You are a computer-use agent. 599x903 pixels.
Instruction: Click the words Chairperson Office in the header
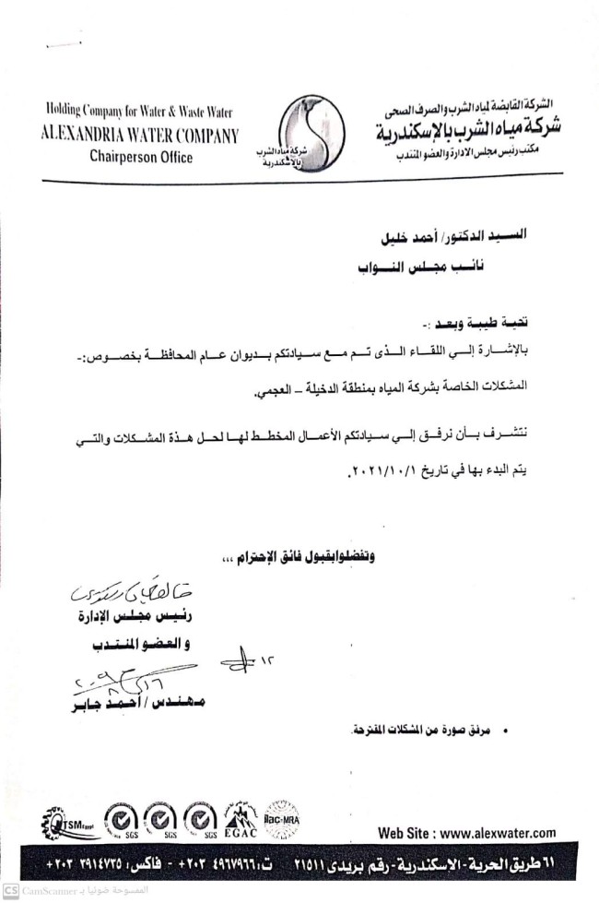[x=141, y=157]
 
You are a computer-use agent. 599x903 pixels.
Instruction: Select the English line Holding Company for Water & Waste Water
[x=139, y=113]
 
